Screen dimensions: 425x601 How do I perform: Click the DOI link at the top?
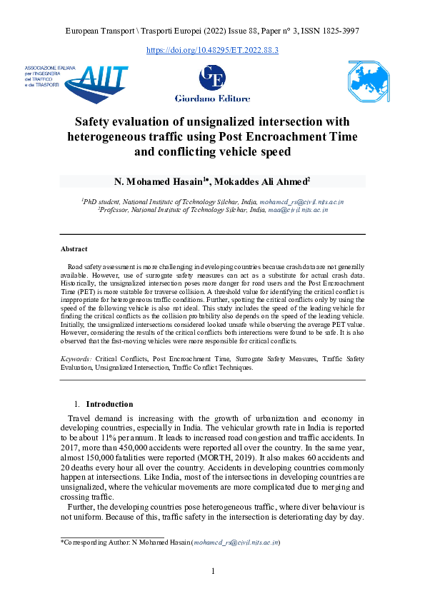click(x=212, y=50)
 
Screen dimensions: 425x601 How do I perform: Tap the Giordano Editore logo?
click(x=212, y=83)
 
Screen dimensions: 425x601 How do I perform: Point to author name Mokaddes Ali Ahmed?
click(x=269, y=181)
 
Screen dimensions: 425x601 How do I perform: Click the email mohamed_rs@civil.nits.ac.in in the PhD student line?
click(x=301, y=202)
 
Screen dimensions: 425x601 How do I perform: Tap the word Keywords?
click(x=76, y=356)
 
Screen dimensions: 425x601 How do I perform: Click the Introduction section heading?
click(x=114, y=403)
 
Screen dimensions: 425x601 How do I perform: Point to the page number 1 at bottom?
click(x=212, y=571)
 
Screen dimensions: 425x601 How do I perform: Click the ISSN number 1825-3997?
click(x=336, y=31)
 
